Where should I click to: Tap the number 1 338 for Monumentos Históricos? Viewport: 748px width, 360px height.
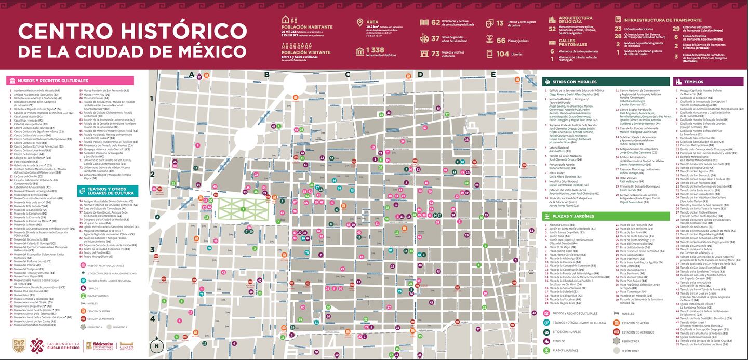click(375, 50)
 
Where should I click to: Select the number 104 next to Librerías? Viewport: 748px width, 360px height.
click(502, 54)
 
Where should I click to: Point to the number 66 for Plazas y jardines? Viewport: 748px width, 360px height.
click(501, 41)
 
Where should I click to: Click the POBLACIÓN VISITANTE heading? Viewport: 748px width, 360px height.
click(305, 52)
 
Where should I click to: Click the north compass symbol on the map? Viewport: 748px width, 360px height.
click(156, 345)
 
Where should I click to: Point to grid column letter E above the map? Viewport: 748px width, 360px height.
click(493, 75)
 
